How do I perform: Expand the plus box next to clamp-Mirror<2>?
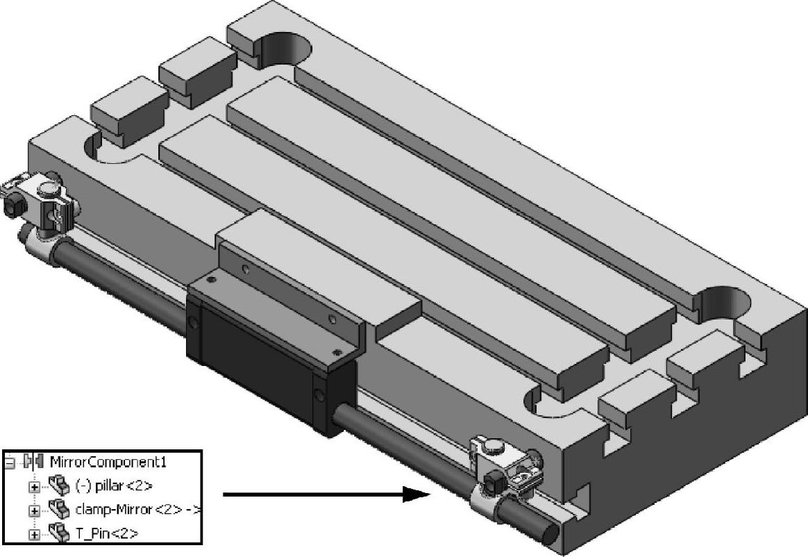pyautogui.click(x=33, y=510)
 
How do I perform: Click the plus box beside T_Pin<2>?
pyautogui.click(x=33, y=534)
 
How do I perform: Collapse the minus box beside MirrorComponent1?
pyautogui.click(x=10, y=462)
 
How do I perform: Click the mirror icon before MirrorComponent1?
pyautogui.click(x=33, y=461)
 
